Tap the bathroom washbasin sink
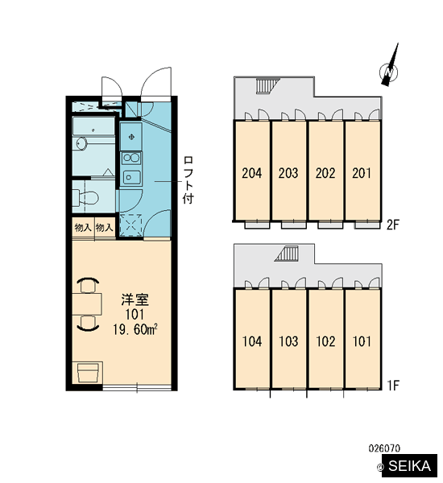(81, 143)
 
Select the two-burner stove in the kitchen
(131, 159)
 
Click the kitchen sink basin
(131, 177)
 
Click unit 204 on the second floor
(252, 173)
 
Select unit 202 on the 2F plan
(325, 173)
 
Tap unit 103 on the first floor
(288, 341)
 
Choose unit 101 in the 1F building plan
(362, 341)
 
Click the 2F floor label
(393, 225)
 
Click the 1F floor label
(393, 385)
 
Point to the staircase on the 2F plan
(268, 85)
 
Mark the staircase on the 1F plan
(287, 254)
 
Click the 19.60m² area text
(135, 330)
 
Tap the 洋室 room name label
(135, 300)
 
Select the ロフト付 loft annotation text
(188, 180)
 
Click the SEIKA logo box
(409, 466)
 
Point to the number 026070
(384, 448)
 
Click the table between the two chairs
(87, 304)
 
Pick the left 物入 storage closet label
(83, 228)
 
